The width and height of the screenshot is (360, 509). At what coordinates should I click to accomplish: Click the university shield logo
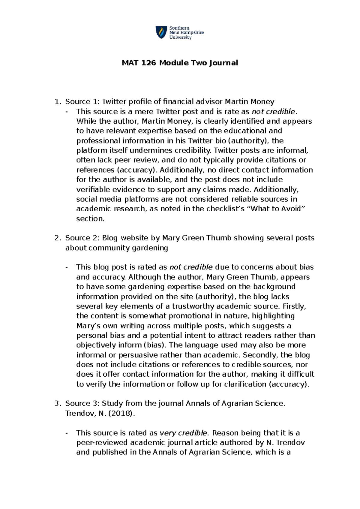[161, 32]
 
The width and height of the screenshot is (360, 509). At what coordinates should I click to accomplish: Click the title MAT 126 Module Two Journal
[180, 63]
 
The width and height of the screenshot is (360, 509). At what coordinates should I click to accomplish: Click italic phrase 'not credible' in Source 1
[273, 112]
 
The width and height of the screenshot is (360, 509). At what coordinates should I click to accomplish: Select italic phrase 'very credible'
[183, 433]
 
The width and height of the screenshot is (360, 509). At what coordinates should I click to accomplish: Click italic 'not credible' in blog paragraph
[191, 267]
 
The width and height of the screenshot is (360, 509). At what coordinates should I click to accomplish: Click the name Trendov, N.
[85, 413]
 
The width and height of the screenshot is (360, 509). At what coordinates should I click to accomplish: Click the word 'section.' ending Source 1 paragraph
[90, 218]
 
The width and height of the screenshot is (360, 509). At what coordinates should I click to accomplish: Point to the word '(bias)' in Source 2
[155, 345]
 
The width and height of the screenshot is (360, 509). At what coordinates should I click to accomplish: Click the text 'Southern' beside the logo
[179, 28]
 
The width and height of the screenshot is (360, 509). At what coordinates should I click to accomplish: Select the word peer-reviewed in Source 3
[102, 442]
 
